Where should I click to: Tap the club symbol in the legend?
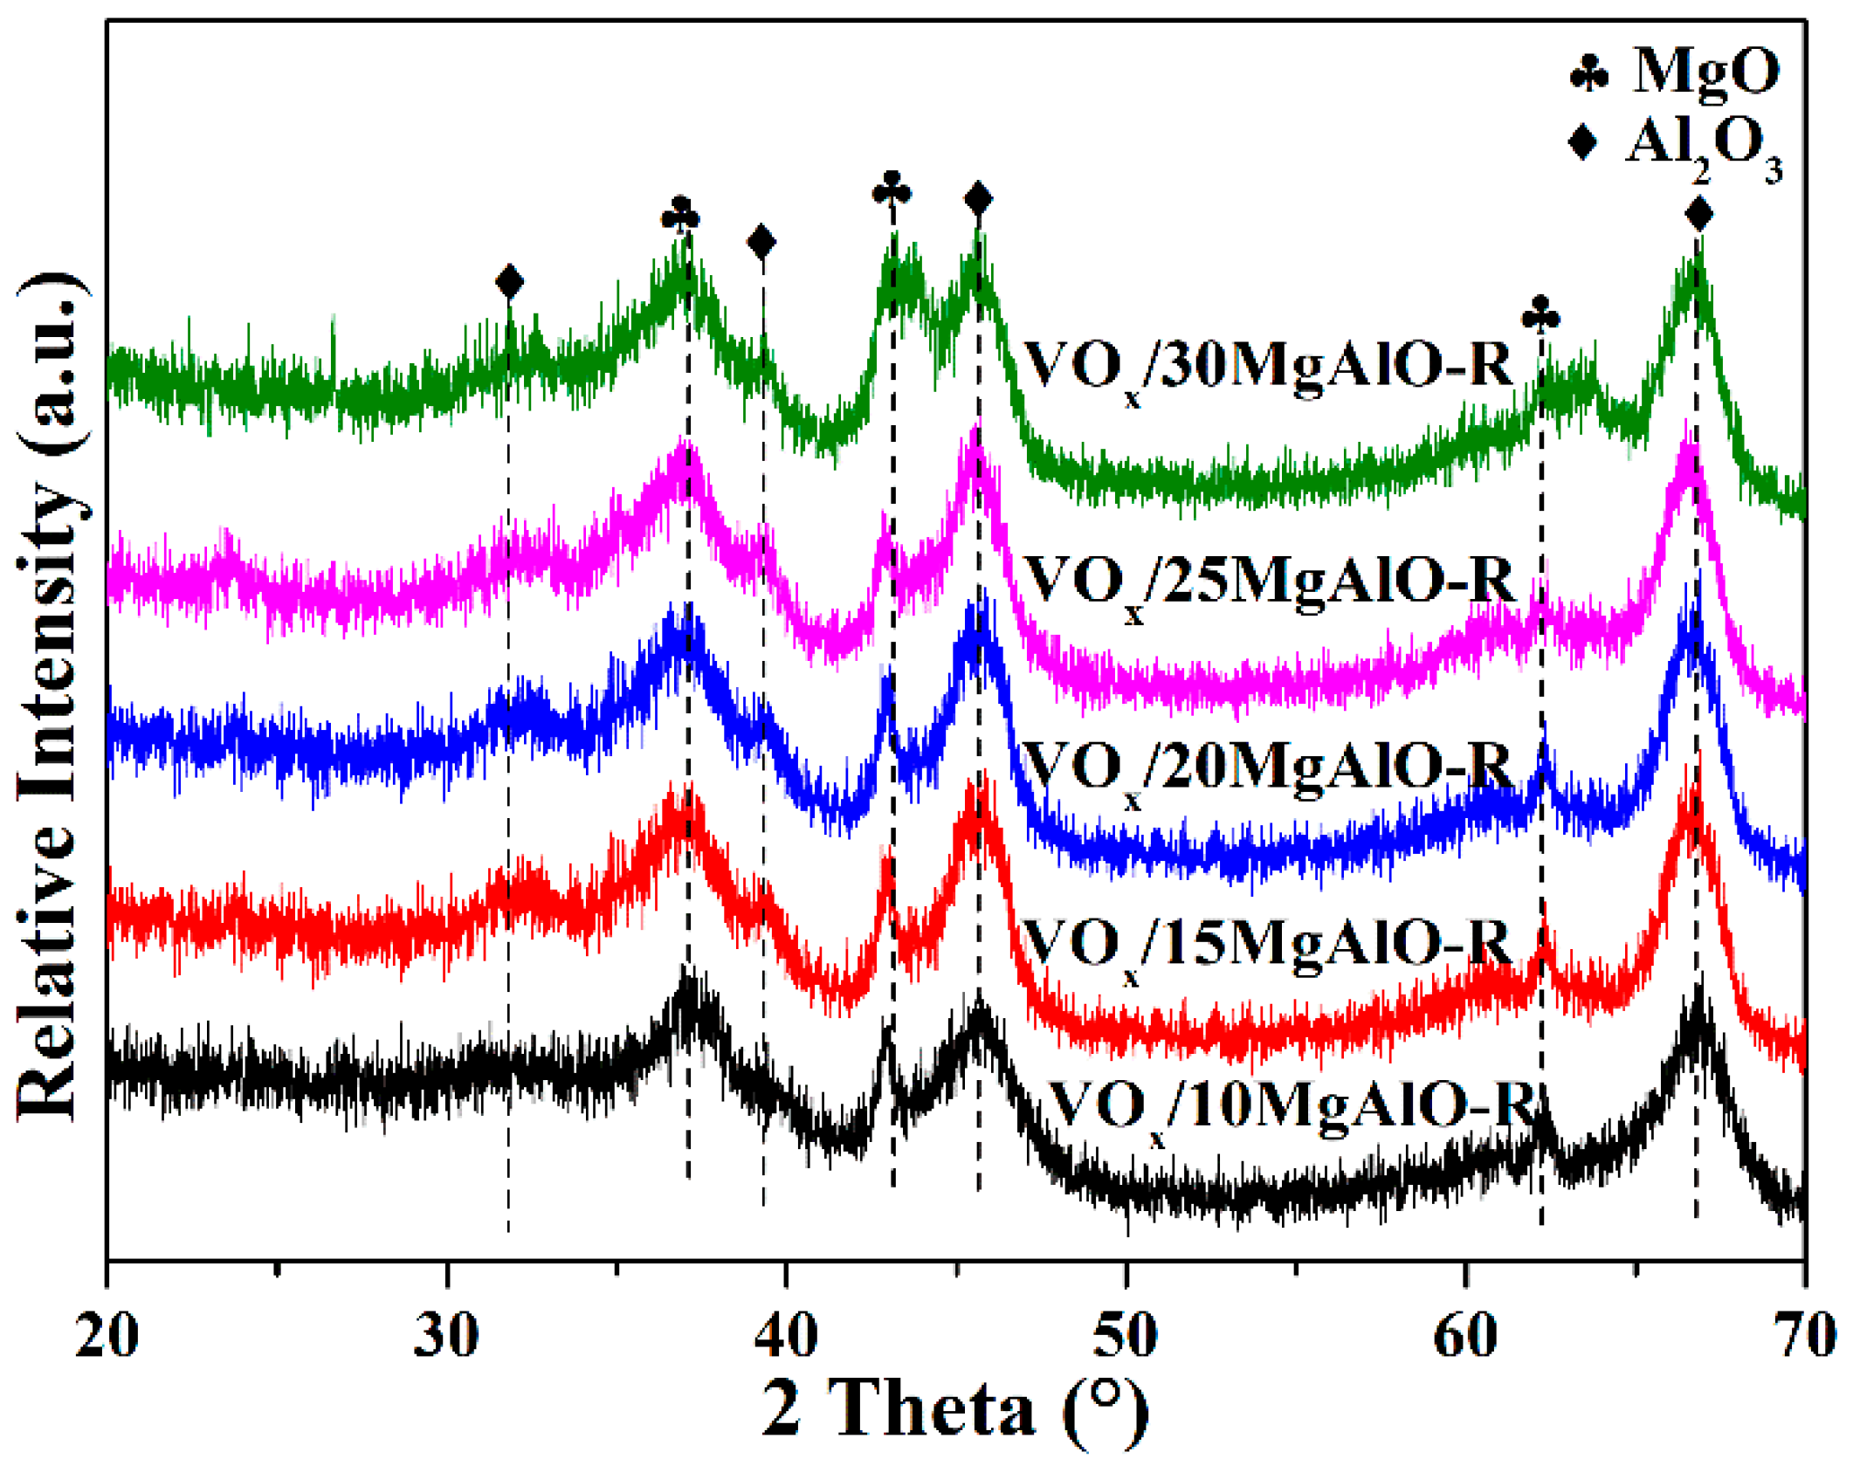click(1588, 73)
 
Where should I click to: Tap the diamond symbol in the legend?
click(1583, 141)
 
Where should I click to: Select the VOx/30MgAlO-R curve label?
click(1267, 367)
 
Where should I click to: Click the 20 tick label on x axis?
click(107, 1336)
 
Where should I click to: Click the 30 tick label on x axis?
click(446, 1336)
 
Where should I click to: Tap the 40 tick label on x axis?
click(786, 1336)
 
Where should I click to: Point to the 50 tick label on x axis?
click(1126, 1336)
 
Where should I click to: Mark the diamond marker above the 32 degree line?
click(509, 282)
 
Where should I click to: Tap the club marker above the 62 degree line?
click(1540, 314)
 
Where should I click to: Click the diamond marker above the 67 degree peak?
click(1698, 213)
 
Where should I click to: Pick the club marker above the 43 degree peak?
click(892, 189)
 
